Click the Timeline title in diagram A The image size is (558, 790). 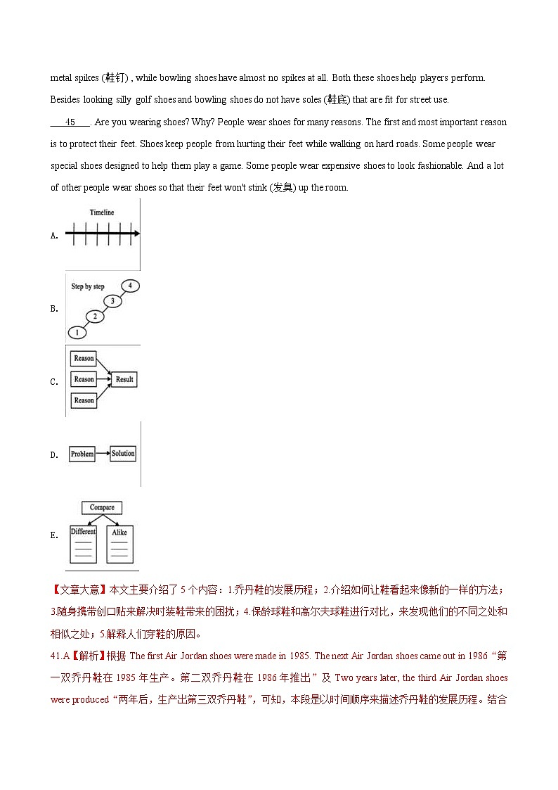(x=102, y=212)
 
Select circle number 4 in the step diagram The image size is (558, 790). (x=130, y=286)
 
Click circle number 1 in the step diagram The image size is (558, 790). (x=77, y=332)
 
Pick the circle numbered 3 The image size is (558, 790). (x=112, y=301)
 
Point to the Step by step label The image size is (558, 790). (x=88, y=287)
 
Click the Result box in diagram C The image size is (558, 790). (x=124, y=379)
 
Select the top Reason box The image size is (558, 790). (x=84, y=358)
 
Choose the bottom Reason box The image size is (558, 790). (x=84, y=400)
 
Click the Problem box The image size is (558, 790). (x=82, y=454)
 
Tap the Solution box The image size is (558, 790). (x=123, y=454)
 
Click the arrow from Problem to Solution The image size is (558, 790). (x=103, y=454)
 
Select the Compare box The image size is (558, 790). (x=102, y=507)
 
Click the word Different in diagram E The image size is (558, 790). (x=83, y=532)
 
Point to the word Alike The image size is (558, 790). (x=119, y=533)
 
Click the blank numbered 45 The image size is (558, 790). (x=70, y=122)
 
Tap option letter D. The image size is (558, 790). (x=54, y=455)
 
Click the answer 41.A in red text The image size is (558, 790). (x=59, y=656)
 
